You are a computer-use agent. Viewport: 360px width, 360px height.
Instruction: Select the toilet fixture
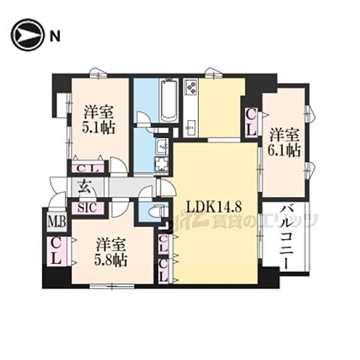(155, 212)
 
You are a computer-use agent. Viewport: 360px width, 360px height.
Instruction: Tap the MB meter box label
(55, 221)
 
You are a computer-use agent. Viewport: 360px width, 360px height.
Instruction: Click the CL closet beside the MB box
(56, 249)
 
